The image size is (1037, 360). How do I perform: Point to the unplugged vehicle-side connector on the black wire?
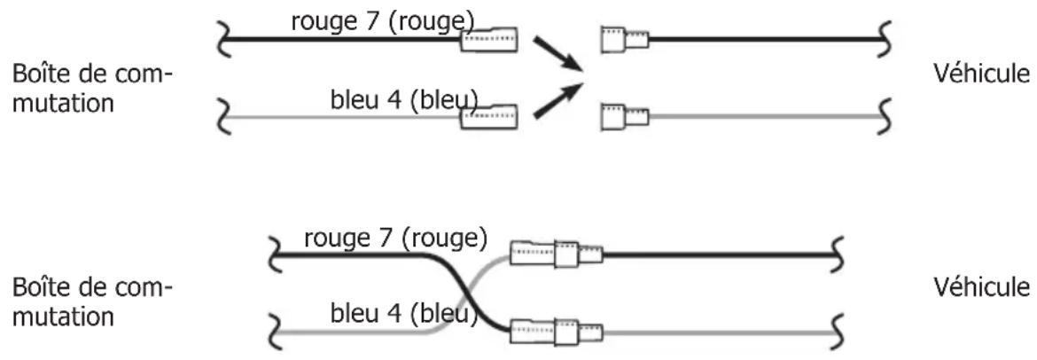tap(624, 40)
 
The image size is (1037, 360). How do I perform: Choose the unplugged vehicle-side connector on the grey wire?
tap(624, 115)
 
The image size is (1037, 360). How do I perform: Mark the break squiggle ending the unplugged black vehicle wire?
tap(883, 39)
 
